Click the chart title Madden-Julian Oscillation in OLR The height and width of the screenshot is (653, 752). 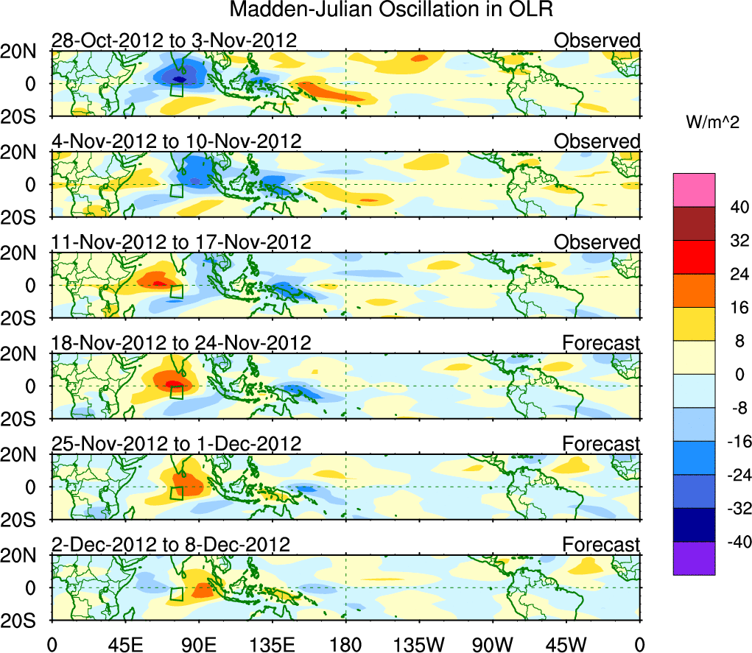[x=391, y=10]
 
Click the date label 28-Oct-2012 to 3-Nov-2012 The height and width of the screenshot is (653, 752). [x=174, y=40]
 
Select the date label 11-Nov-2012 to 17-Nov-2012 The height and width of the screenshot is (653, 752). [x=181, y=241]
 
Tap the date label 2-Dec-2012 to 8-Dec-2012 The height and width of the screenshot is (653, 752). [x=171, y=544]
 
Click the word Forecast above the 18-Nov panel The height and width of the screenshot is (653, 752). [x=602, y=342]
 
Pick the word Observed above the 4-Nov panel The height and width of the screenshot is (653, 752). [x=597, y=141]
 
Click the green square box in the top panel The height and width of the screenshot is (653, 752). [x=176, y=89]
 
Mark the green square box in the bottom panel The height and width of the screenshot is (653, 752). [x=176, y=594]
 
